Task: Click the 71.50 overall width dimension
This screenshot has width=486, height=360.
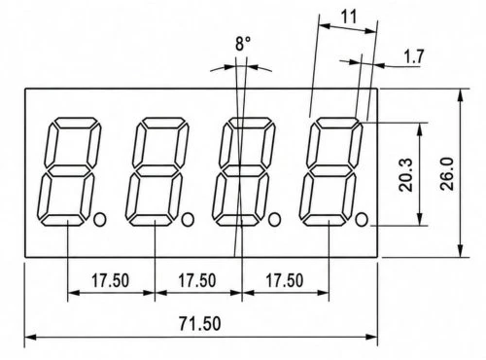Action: click(200, 323)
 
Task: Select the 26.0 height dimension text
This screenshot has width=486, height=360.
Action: click(447, 174)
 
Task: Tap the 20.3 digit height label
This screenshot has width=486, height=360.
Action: click(406, 175)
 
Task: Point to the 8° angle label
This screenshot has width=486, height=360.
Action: click(243, 44)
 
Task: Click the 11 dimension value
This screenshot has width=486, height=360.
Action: click(349, 17)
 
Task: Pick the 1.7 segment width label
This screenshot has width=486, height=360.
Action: click(414, 56)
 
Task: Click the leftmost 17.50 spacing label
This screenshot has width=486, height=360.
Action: click(110, 280)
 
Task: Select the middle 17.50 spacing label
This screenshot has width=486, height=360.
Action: click(197, 280)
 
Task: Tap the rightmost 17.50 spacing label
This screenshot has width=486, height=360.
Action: click(285, 280)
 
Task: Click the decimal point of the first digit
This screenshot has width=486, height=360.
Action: click(100, 220)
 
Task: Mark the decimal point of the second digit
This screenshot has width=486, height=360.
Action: click(188, 220)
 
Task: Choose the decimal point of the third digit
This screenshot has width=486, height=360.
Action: click(275, 220)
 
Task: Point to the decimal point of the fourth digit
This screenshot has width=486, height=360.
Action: click(362, 220)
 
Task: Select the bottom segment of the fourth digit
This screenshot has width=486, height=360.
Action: click(325, 220)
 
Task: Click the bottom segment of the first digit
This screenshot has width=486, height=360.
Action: click(63, 220)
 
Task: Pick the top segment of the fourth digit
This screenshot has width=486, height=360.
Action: click(338, 123)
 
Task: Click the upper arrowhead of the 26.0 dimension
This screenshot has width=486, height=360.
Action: click(461, 96)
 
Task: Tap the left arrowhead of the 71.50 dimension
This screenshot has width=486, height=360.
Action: click(31, 338)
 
